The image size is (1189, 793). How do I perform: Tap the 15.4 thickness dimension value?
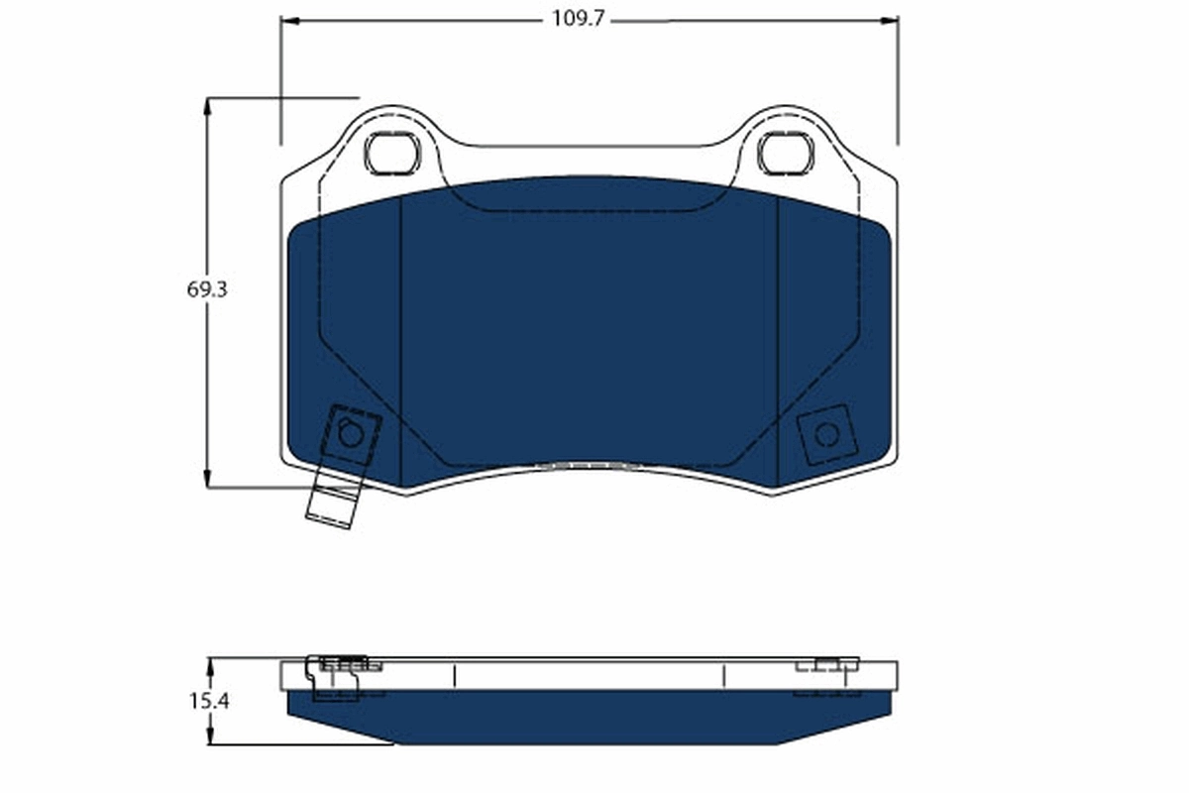tap(208, 701)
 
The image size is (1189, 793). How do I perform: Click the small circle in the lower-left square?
tap(350, 433)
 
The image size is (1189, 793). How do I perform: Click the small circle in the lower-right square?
tap(825, 434)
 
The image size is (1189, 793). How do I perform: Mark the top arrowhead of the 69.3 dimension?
tap(208, 104)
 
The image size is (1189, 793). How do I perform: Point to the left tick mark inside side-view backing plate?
tap(454, 676)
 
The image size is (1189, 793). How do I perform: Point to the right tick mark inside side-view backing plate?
tap(724, 676)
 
